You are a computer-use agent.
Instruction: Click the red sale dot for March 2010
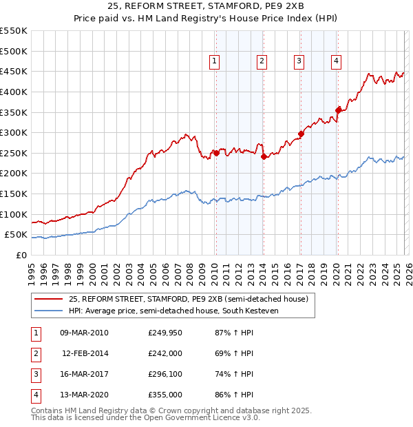pyautogui.click(x=216, y=153)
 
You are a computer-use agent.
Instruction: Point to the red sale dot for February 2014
pyautogui.click(x=264, y=156)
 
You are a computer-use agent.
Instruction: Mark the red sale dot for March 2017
pyautogui.click(x=301, y=134)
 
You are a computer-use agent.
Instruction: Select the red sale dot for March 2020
pyautogui.click(x=337, y=110)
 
